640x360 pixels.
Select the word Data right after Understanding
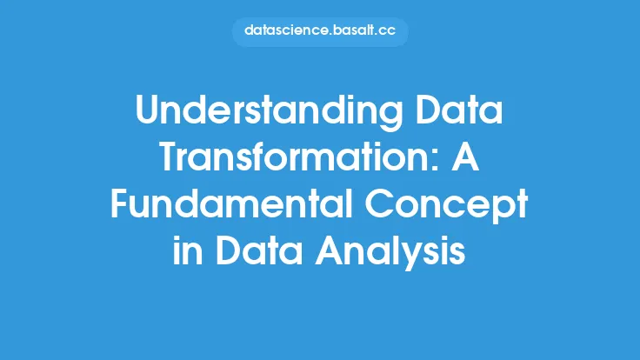tap(459, 110)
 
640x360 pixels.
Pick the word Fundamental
tap(231, 203)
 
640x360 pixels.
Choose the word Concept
tap(446, 207)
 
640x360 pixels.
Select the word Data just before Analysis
tap(258, 250)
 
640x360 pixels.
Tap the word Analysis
tap(390, 252)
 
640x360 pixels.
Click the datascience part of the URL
tap(287, 30)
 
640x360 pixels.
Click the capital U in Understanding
tap(147, 110)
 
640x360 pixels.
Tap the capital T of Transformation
tap(170, 157)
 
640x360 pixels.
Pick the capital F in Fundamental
tap(120, 203)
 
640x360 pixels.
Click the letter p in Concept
tap(500, 211)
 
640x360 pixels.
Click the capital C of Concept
tap(378, 203)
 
